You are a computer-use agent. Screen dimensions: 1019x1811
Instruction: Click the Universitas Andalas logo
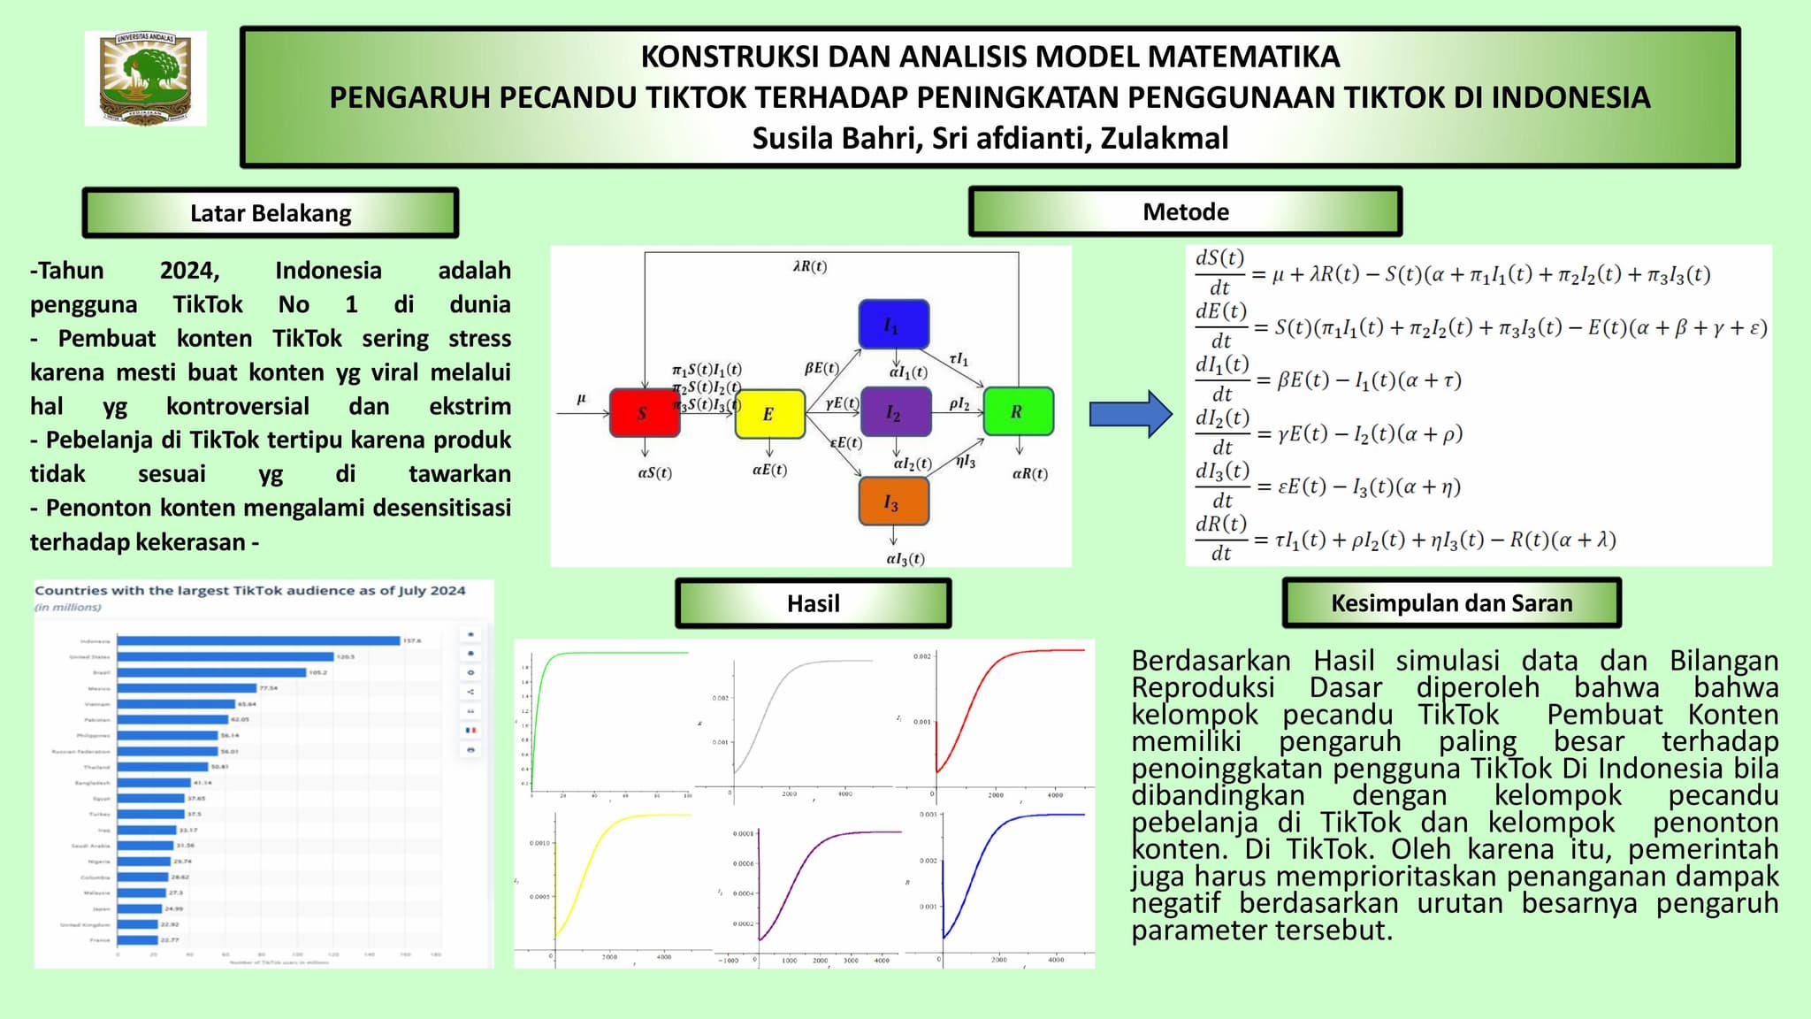(146, 78)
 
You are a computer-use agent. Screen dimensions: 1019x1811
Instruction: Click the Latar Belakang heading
(271, 213)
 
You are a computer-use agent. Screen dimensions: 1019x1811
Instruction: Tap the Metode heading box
(1185, 211)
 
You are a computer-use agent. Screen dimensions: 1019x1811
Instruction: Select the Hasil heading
(813, 603)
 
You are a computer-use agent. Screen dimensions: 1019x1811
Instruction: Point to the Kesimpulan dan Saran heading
(1451, 603)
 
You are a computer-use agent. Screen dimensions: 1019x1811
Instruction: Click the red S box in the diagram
(645, 412)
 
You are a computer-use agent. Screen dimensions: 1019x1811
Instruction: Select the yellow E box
(769, 413)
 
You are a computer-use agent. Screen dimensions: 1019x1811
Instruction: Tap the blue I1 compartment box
(893, 325)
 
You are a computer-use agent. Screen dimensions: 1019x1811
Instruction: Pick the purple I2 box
(895, 412)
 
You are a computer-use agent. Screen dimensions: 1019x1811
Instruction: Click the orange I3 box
(893, 502)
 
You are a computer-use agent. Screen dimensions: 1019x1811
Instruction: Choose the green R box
(1018, 411)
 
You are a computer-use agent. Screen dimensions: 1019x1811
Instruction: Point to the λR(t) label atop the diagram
(810, 266)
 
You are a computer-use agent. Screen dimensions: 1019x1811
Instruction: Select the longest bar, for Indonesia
(258, 640)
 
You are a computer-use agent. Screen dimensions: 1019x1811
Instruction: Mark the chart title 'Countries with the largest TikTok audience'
(249, 590)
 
